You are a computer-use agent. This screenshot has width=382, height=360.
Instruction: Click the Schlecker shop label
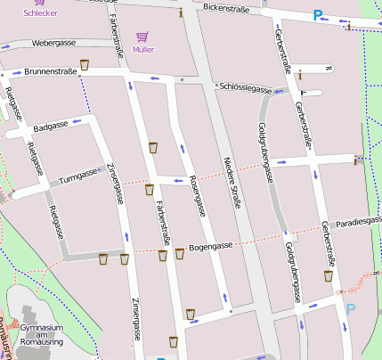(41, 14)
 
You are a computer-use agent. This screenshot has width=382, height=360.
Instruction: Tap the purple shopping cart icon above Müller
(142, 37)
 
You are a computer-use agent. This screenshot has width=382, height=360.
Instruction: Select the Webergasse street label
(53, 43)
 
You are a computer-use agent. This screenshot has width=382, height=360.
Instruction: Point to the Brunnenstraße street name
(51, 71)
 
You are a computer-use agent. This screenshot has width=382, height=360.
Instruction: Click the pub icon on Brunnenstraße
(85, 64)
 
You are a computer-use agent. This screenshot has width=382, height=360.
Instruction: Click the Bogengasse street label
(211, 246)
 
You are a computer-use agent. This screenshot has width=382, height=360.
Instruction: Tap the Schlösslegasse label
(244, 90)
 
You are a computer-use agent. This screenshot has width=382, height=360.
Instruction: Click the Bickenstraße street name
(224, 8)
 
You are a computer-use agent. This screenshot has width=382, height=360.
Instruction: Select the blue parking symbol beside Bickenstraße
(318, 15)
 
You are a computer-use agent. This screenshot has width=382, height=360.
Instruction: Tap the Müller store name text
(142, 49)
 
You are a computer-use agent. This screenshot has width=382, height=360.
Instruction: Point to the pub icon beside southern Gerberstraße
(328, 275)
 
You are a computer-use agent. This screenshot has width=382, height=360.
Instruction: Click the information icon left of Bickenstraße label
(182, 12)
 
